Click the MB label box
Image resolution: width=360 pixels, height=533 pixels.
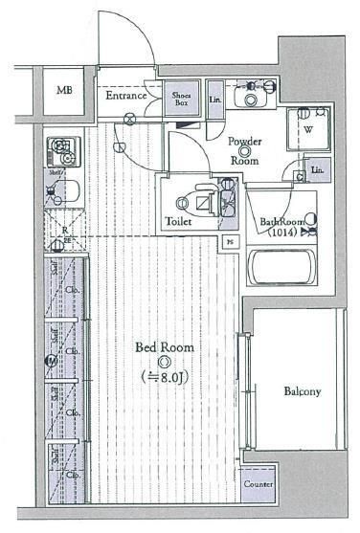[x=63, y=92]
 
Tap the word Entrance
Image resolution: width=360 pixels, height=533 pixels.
[x=125, y=96]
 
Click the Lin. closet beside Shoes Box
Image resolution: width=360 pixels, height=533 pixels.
[x=214, y=100]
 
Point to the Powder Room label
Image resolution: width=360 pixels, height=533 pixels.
[x=245, y=151]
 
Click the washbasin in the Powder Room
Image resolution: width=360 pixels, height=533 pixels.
[x=253, y=97]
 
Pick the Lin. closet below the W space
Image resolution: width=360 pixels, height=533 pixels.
[x=315, y=171]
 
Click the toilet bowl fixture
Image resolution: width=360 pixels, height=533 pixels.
[x=200, y=202]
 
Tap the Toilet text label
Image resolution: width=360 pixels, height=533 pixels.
[x=178, y=221]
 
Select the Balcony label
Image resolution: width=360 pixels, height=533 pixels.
[x=302, y=391]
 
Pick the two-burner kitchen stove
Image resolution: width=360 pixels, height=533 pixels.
[x=63, y=152]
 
